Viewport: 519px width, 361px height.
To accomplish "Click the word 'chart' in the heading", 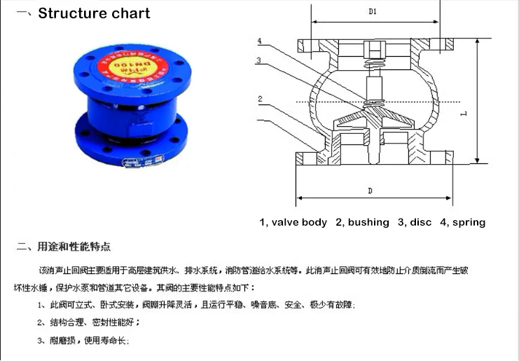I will coord(129,13).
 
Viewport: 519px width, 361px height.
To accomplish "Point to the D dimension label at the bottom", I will coord(369,191).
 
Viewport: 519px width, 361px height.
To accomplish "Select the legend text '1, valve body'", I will coord(293,222).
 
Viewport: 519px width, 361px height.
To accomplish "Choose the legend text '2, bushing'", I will coord(362,222).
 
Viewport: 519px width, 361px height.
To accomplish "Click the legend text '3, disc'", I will coord(415,222).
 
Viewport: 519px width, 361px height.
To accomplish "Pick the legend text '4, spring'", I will coord(462,222).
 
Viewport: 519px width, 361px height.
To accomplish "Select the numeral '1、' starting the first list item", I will coord(43,306).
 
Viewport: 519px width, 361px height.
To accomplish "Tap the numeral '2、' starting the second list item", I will coord(43,323).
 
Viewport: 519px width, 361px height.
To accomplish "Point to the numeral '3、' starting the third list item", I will coord(43,341).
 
